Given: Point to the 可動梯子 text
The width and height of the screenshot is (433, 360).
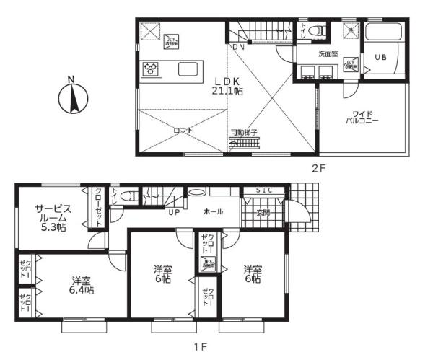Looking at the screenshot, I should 243,133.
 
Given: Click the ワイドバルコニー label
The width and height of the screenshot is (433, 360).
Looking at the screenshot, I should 362,118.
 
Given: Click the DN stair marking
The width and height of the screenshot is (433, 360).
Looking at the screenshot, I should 237,48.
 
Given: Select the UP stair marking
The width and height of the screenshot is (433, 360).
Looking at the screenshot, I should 174,213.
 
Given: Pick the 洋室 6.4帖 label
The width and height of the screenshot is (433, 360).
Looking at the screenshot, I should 82,285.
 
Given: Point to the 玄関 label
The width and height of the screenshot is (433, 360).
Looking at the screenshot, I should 264,213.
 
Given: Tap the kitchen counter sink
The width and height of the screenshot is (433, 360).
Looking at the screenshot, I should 188,69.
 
